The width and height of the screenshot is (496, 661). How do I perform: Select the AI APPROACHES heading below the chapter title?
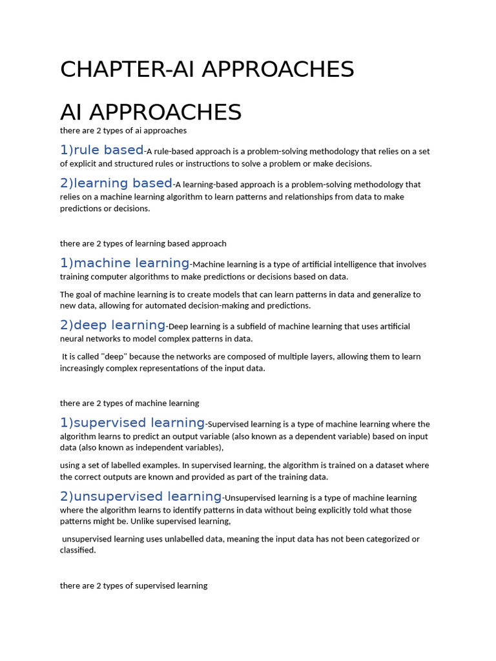pyautogui.click(x=150, y=112)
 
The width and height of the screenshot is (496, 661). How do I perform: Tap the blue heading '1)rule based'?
pyautogui.click(x=101, y=150)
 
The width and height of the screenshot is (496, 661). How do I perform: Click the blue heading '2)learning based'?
pyautogui.click(x=116, y=183)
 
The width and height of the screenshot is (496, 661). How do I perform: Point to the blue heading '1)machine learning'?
pyautogui.click(x=125, y=263)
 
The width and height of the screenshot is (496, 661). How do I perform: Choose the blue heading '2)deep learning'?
pyautogui.click(x=113, y=325)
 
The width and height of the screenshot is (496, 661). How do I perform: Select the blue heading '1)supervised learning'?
pyautogui.click(x=132, y=423)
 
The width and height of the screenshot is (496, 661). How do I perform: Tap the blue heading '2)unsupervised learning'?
pyautogui.click(x=141, y=496)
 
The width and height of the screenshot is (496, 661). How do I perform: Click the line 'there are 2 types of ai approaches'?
pyautogui.click(x=123, y=130)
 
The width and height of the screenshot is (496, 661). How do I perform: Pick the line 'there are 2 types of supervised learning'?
pyautogui.click(x=134, y=585)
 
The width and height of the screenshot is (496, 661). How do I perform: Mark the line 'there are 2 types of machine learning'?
pyautogui.click(x=130, y=403)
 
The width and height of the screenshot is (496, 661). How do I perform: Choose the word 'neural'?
pyautogui.click(x=72, y=339)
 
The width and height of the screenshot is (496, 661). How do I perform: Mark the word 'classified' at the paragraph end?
pyautogui.click(x=77, y=551)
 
